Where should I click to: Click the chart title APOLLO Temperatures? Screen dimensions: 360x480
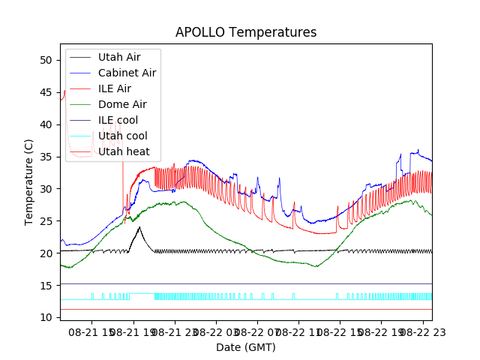coord(246,32)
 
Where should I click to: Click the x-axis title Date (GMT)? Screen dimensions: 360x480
coord(246,347)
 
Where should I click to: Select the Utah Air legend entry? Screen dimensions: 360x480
coord(119,57)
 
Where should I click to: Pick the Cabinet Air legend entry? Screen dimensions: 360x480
coord(127,73)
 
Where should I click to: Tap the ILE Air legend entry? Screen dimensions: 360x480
coord(115,88)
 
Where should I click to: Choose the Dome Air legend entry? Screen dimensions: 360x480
coord(122,104)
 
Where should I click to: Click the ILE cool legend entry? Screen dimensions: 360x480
coord(118,120)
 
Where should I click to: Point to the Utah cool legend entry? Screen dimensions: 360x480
coord(122,136)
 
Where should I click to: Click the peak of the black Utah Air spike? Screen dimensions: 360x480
coord(139,227)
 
